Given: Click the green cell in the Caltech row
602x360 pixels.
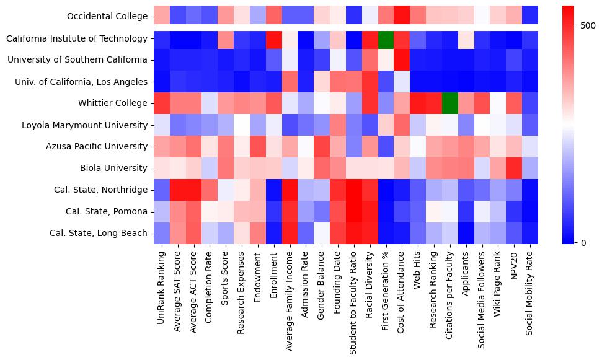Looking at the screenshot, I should [x=386, y=38].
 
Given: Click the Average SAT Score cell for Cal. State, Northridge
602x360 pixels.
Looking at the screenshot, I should [x=177, y=190].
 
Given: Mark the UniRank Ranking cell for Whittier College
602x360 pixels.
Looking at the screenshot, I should [x=161, y=103].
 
